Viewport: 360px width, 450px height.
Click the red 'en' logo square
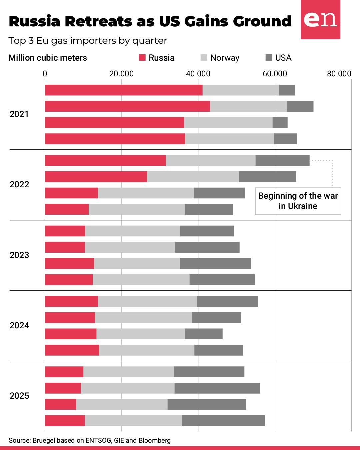pos(320,20)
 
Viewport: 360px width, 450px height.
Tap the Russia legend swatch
pos(142,58)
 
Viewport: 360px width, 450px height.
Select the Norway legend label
pos(225,58)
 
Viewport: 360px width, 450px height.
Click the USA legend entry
pos(283,58)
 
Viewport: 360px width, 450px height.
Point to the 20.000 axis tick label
pos(121,74)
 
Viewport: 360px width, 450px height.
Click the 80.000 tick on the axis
pos(339,74)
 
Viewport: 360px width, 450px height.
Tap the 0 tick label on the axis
pos(45,74)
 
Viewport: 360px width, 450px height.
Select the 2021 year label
pos(19,114)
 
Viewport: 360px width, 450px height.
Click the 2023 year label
pos(19,255)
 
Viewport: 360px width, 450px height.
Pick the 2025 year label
pos(19,396)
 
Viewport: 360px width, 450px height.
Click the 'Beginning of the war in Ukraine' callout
pos(298,201)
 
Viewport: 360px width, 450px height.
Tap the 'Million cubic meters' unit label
pos(48,58)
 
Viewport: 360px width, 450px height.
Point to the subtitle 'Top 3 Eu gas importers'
pos(88,41)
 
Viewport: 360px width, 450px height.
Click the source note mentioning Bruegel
pos(90,440)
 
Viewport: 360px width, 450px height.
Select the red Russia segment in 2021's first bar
pos(124,90)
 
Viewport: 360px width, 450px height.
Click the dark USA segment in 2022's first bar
pos(282,160)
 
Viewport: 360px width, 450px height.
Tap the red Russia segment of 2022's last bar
pos(67,209)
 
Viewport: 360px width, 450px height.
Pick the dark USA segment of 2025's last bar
pos(223,421)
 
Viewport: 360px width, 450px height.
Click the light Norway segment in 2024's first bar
pos(147,301)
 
